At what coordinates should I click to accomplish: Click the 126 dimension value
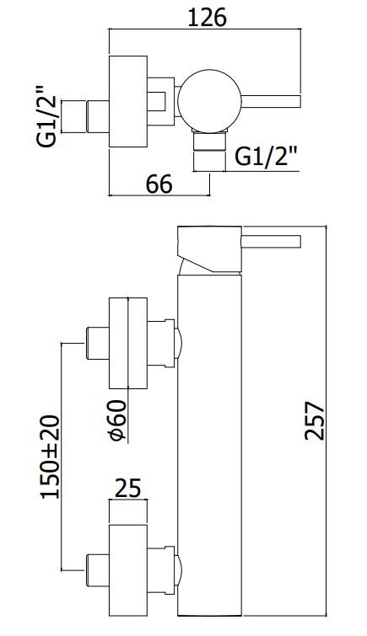[207, 18]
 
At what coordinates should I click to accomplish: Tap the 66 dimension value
[159, 184]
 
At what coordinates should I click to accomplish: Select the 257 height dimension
[315, 420]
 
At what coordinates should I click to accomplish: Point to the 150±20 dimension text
[51, 457]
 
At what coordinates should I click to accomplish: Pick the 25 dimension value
[128, 488]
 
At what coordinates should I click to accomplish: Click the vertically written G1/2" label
[46, 117]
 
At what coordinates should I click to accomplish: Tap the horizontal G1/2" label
[267, 156]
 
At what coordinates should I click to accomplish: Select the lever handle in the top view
[271, 101]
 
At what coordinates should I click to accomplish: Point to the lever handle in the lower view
[271, 241]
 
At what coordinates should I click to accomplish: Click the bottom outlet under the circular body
[209, 141]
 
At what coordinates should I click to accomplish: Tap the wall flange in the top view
[128, 101]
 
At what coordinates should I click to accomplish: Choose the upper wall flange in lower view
[128, 343]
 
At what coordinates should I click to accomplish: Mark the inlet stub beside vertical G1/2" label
[98, 116]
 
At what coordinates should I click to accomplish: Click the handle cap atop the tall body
[210, 249]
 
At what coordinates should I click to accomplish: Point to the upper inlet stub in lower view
[98, 343]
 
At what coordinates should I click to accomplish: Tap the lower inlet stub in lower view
[98, 570]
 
